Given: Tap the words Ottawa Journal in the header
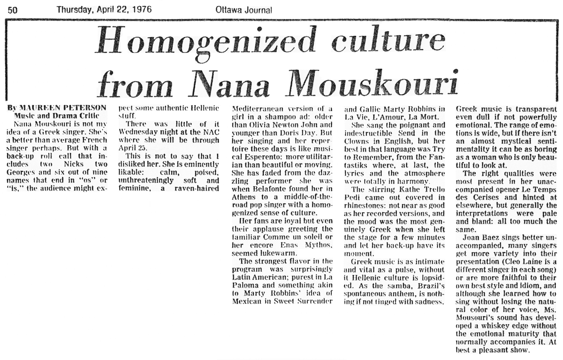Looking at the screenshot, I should coord(244,9).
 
